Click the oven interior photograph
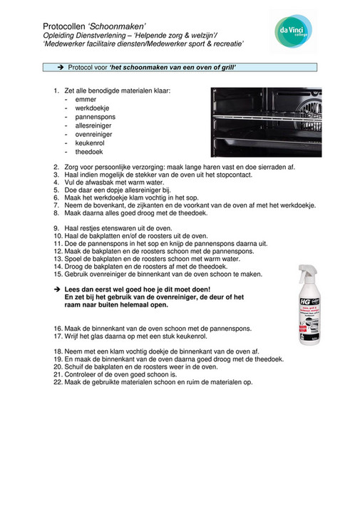pos(266,122)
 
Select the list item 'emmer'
pos(86,99)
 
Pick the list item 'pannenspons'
pos(95,116)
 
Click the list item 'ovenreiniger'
pos(96,133)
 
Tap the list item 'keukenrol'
pos(91,142)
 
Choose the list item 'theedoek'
pos(90,151)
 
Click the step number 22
pos(58,381)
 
